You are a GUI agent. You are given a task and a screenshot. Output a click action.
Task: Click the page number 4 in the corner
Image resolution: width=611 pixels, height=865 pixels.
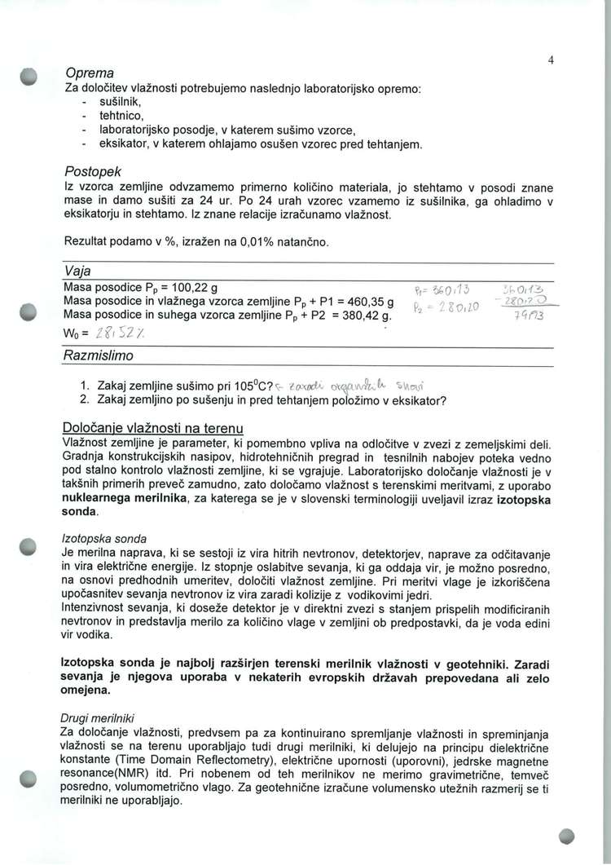(x=552, y=60)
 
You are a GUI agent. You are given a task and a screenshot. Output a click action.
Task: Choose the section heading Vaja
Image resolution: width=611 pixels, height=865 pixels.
(x=77, y=271)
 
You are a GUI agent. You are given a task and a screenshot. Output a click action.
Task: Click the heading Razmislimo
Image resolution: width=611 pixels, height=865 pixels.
(x=98, y=356)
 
